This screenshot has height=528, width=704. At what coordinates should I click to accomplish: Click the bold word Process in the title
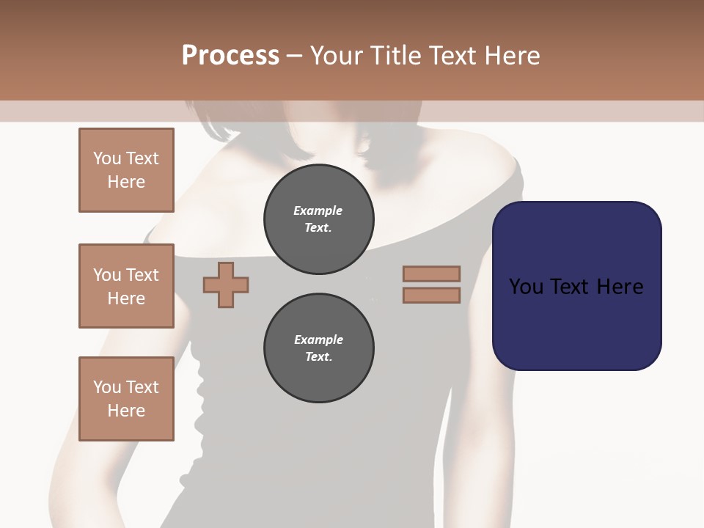point(230,55)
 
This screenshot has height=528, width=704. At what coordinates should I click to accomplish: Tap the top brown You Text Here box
point(126,170)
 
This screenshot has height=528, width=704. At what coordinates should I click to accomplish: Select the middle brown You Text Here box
point(126,286)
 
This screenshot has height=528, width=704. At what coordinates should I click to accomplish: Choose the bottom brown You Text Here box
point(126,398)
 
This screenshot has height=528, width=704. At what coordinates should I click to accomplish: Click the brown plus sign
point(226,285)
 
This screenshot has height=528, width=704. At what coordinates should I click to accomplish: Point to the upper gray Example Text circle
point(318,219)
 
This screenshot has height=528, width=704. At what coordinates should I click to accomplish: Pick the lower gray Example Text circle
point(318,348)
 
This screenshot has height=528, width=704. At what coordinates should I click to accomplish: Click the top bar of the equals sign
point(431,274)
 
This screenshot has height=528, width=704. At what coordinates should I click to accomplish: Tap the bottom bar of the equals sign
point(431,295)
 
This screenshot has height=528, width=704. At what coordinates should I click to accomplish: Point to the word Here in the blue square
point(620,287)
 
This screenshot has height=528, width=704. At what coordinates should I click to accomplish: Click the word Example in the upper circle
point(318,210)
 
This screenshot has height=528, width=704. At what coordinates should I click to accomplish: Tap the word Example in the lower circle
point(318,340)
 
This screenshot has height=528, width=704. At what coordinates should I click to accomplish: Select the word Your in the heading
point(336,55)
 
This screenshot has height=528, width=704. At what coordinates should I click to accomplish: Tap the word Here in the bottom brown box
point(126,411)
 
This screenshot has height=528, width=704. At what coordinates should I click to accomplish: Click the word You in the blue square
point(527,287)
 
